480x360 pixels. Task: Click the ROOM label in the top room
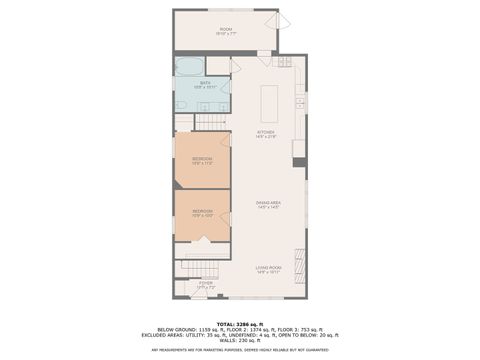(226, 30)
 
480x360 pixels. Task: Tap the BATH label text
(204, 84)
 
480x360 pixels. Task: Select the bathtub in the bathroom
(188, 67)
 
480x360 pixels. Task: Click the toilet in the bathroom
(182, 102)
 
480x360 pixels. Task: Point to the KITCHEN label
(266, 132)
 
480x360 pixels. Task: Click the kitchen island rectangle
(268, 103)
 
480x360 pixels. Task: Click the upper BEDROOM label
(202, 159)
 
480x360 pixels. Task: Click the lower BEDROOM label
(202, 212)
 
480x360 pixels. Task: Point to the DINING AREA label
(267, 204)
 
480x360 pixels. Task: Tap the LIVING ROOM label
(267, 268)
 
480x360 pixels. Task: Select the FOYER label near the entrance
(205, 285)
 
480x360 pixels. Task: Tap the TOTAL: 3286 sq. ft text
(240, 324)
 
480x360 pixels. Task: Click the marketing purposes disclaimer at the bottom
(240, 350)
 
